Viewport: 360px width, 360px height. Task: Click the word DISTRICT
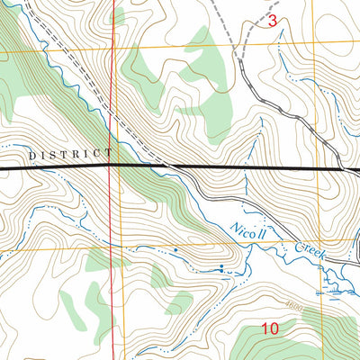click(71, 155)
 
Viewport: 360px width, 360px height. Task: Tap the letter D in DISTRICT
click(32, 155)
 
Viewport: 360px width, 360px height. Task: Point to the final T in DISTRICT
click(110, 155)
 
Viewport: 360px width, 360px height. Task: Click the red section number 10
click(270, 329)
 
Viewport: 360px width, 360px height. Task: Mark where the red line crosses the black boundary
click(112, 166)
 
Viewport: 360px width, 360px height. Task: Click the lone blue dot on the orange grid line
click(175, 247)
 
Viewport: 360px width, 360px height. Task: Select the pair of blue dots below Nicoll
click(221, 267)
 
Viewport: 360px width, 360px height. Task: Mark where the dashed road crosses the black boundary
click(168, 167)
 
